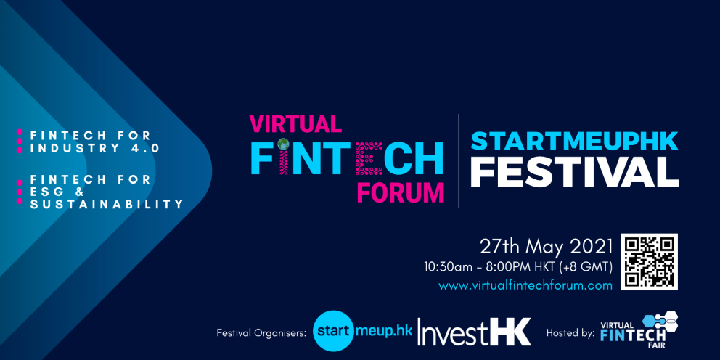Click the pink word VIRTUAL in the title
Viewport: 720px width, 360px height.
(295, 123)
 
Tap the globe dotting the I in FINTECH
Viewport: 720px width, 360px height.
(283, 144)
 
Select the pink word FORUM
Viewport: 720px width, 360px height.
(401, 193)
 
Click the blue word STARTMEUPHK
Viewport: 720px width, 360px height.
(574, 142)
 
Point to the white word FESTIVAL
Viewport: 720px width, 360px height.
(574, 172)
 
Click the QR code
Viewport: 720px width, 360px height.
(650, 261)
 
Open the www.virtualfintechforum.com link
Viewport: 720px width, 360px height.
(525, 285)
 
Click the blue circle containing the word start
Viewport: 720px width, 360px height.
(334, 330)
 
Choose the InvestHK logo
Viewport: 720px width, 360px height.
(474, 332)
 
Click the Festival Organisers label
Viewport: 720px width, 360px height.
(261, 333)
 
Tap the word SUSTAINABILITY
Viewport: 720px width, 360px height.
(107, 204)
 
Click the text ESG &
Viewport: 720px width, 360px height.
(57, 192)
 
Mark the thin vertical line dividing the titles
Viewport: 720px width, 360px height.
(459, 160)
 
